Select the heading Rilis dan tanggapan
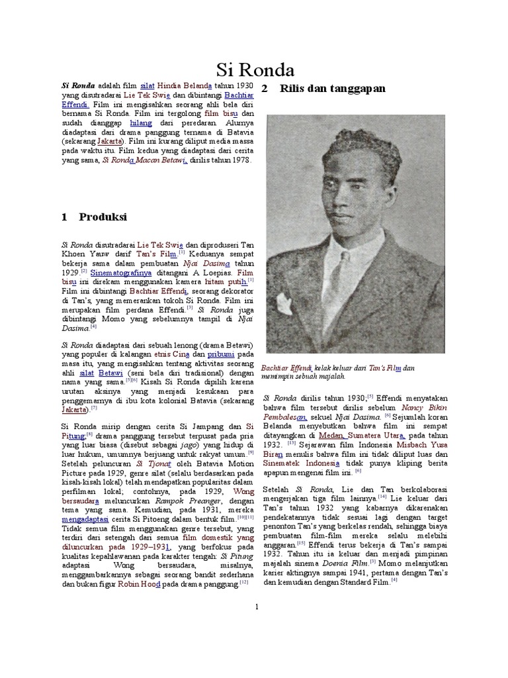(x=332, y=89)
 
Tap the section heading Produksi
(x=103, y=217)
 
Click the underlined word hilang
(x=141, y=122)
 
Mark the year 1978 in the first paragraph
(x=237, y=160)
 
